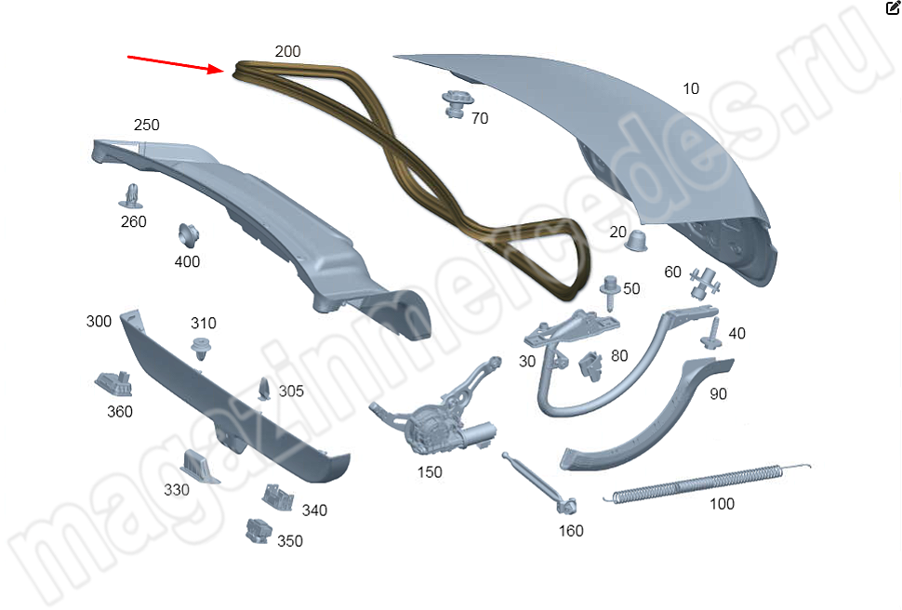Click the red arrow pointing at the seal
(176, 63)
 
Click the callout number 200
(287, 51)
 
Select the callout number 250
(147, 125)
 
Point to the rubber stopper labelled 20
(636, 241)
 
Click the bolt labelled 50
(609, 292)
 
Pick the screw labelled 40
(712, 334)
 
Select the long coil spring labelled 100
(707, 483)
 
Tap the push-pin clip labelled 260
(132, 196)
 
